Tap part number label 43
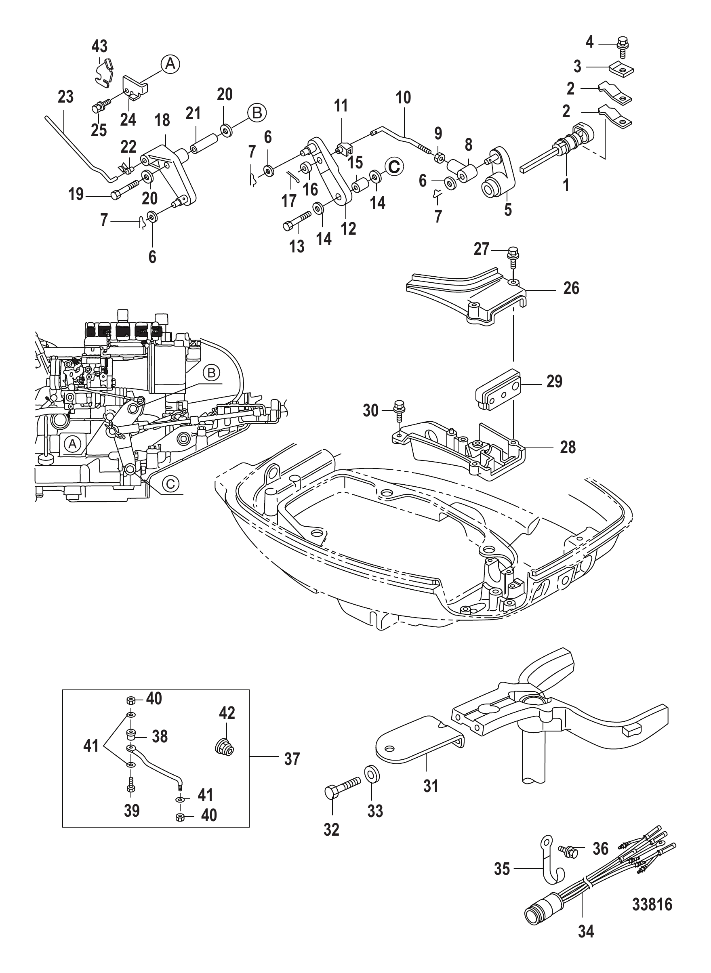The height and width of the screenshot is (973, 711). pyautogui.click(x=99, y=46)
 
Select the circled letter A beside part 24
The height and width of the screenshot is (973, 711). pyautogui.click(x=170, y=64)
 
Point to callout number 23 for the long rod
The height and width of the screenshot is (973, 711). pyautogui.click(x=65, y=97)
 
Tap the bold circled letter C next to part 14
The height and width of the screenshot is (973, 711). pyautogui.click(x=394, y=166)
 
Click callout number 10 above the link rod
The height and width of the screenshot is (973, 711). pyautogui.click(x=403, y=98)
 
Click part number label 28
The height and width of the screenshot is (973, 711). pyautogui.click(x=568, y=447)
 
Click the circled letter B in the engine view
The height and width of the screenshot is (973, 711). pyautogui.click(x=211, y=373)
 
